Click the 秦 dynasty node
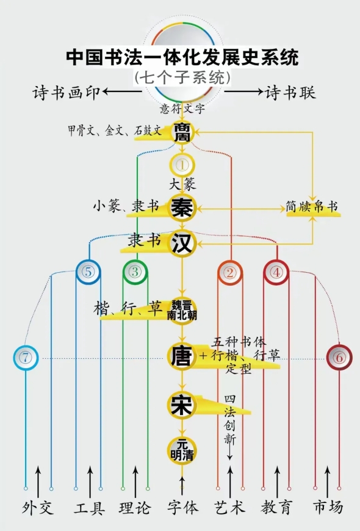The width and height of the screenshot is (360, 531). tap(182, 208)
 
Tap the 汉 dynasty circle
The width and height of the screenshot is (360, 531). tap(182, 243)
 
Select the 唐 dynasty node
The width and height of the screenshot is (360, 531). tap(182, 356)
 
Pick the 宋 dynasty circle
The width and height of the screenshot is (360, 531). tap(182, 405)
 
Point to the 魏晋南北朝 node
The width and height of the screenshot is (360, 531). tap(182, 311)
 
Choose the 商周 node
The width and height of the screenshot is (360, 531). tap(182, 132)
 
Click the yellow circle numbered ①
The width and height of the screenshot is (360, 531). tap(182, 165)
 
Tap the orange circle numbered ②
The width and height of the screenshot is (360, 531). tap(230, 273)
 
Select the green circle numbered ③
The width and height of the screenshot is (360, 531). tap(135, 272)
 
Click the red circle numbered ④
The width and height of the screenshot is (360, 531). tap(276, 272)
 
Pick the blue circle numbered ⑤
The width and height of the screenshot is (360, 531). tap(88, 272)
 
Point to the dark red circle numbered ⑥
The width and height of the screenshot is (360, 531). tap(339, 358)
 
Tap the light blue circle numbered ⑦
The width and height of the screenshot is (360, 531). tap(26, 358)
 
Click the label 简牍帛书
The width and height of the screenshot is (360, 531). tap(312, 206)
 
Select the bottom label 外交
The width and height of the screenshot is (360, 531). tap(38, 508)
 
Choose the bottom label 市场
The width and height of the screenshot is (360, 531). tap(328, 508)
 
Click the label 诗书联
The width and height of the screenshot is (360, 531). tap(290, 92)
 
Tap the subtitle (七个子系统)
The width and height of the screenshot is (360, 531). tap(182, 78)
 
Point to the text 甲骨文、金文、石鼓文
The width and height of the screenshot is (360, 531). tap(115, 131)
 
